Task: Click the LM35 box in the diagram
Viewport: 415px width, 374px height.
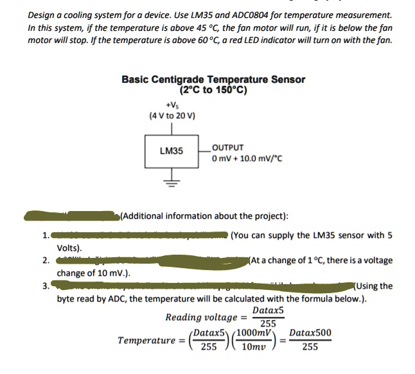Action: (x=172, y=151)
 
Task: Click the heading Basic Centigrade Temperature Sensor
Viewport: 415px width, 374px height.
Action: (x=213, y=80)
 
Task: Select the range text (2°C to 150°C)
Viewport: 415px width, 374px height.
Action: (x=214, y=90)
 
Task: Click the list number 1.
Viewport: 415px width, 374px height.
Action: (x=45, y=235)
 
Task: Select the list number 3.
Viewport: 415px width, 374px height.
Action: (x=45, y=287)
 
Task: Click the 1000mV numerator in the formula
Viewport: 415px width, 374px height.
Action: (x=254, y=334)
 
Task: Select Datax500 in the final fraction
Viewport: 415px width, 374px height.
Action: (x=310, y=334)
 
